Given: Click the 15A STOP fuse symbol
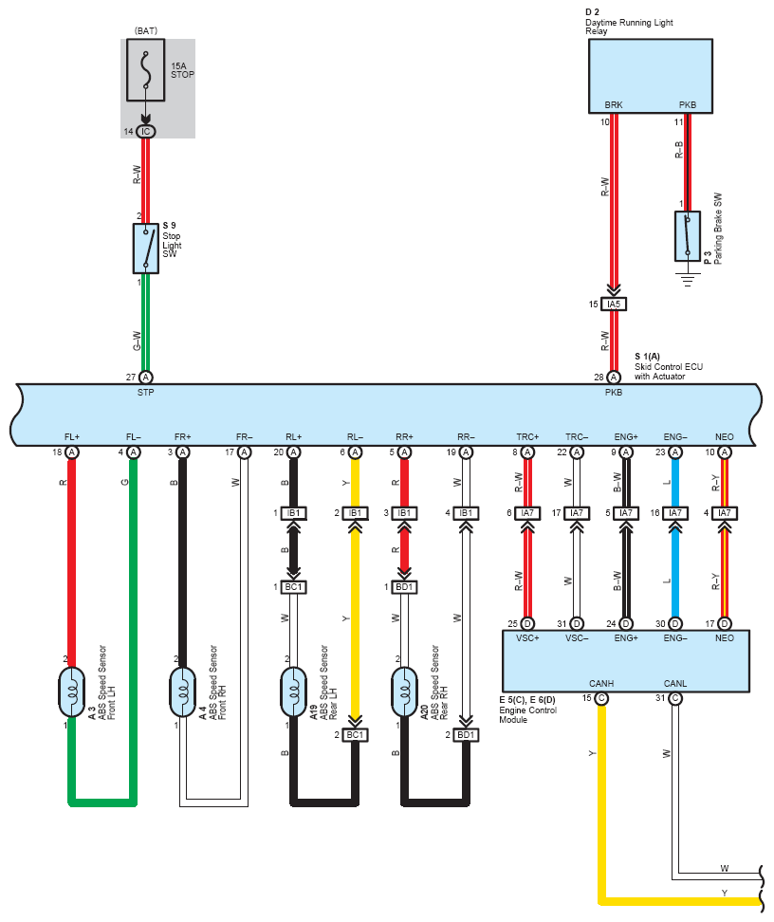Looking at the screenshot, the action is (146, 70).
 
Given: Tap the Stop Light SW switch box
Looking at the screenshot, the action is (146, 249).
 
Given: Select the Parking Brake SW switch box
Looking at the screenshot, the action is (688, 236).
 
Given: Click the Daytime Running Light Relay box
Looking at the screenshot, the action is (651, 76).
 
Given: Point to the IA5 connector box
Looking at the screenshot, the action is (614, 304).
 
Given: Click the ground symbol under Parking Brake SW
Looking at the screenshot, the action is (688, 278).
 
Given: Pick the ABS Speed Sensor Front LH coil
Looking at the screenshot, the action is (72, 692).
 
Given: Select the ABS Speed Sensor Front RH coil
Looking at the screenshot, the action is (183, 692).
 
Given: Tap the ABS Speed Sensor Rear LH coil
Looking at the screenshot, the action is (293, 692).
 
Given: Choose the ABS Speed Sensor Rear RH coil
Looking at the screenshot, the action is (405, 692).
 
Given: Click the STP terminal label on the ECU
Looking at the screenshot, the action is (146, 392).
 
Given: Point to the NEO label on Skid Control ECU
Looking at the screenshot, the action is (725, 437).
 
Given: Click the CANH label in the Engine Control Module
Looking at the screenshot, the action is (601, 683).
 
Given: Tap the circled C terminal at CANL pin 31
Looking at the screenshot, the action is (675, 698).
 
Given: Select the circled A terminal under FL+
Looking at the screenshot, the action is (72, 452).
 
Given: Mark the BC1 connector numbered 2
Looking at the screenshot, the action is (356, 735).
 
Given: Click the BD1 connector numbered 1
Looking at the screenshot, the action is (405, 587).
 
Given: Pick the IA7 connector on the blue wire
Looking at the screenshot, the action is (675, 513).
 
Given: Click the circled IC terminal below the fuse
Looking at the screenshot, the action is (146, 132).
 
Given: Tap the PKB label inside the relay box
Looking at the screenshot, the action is (688, 104).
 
